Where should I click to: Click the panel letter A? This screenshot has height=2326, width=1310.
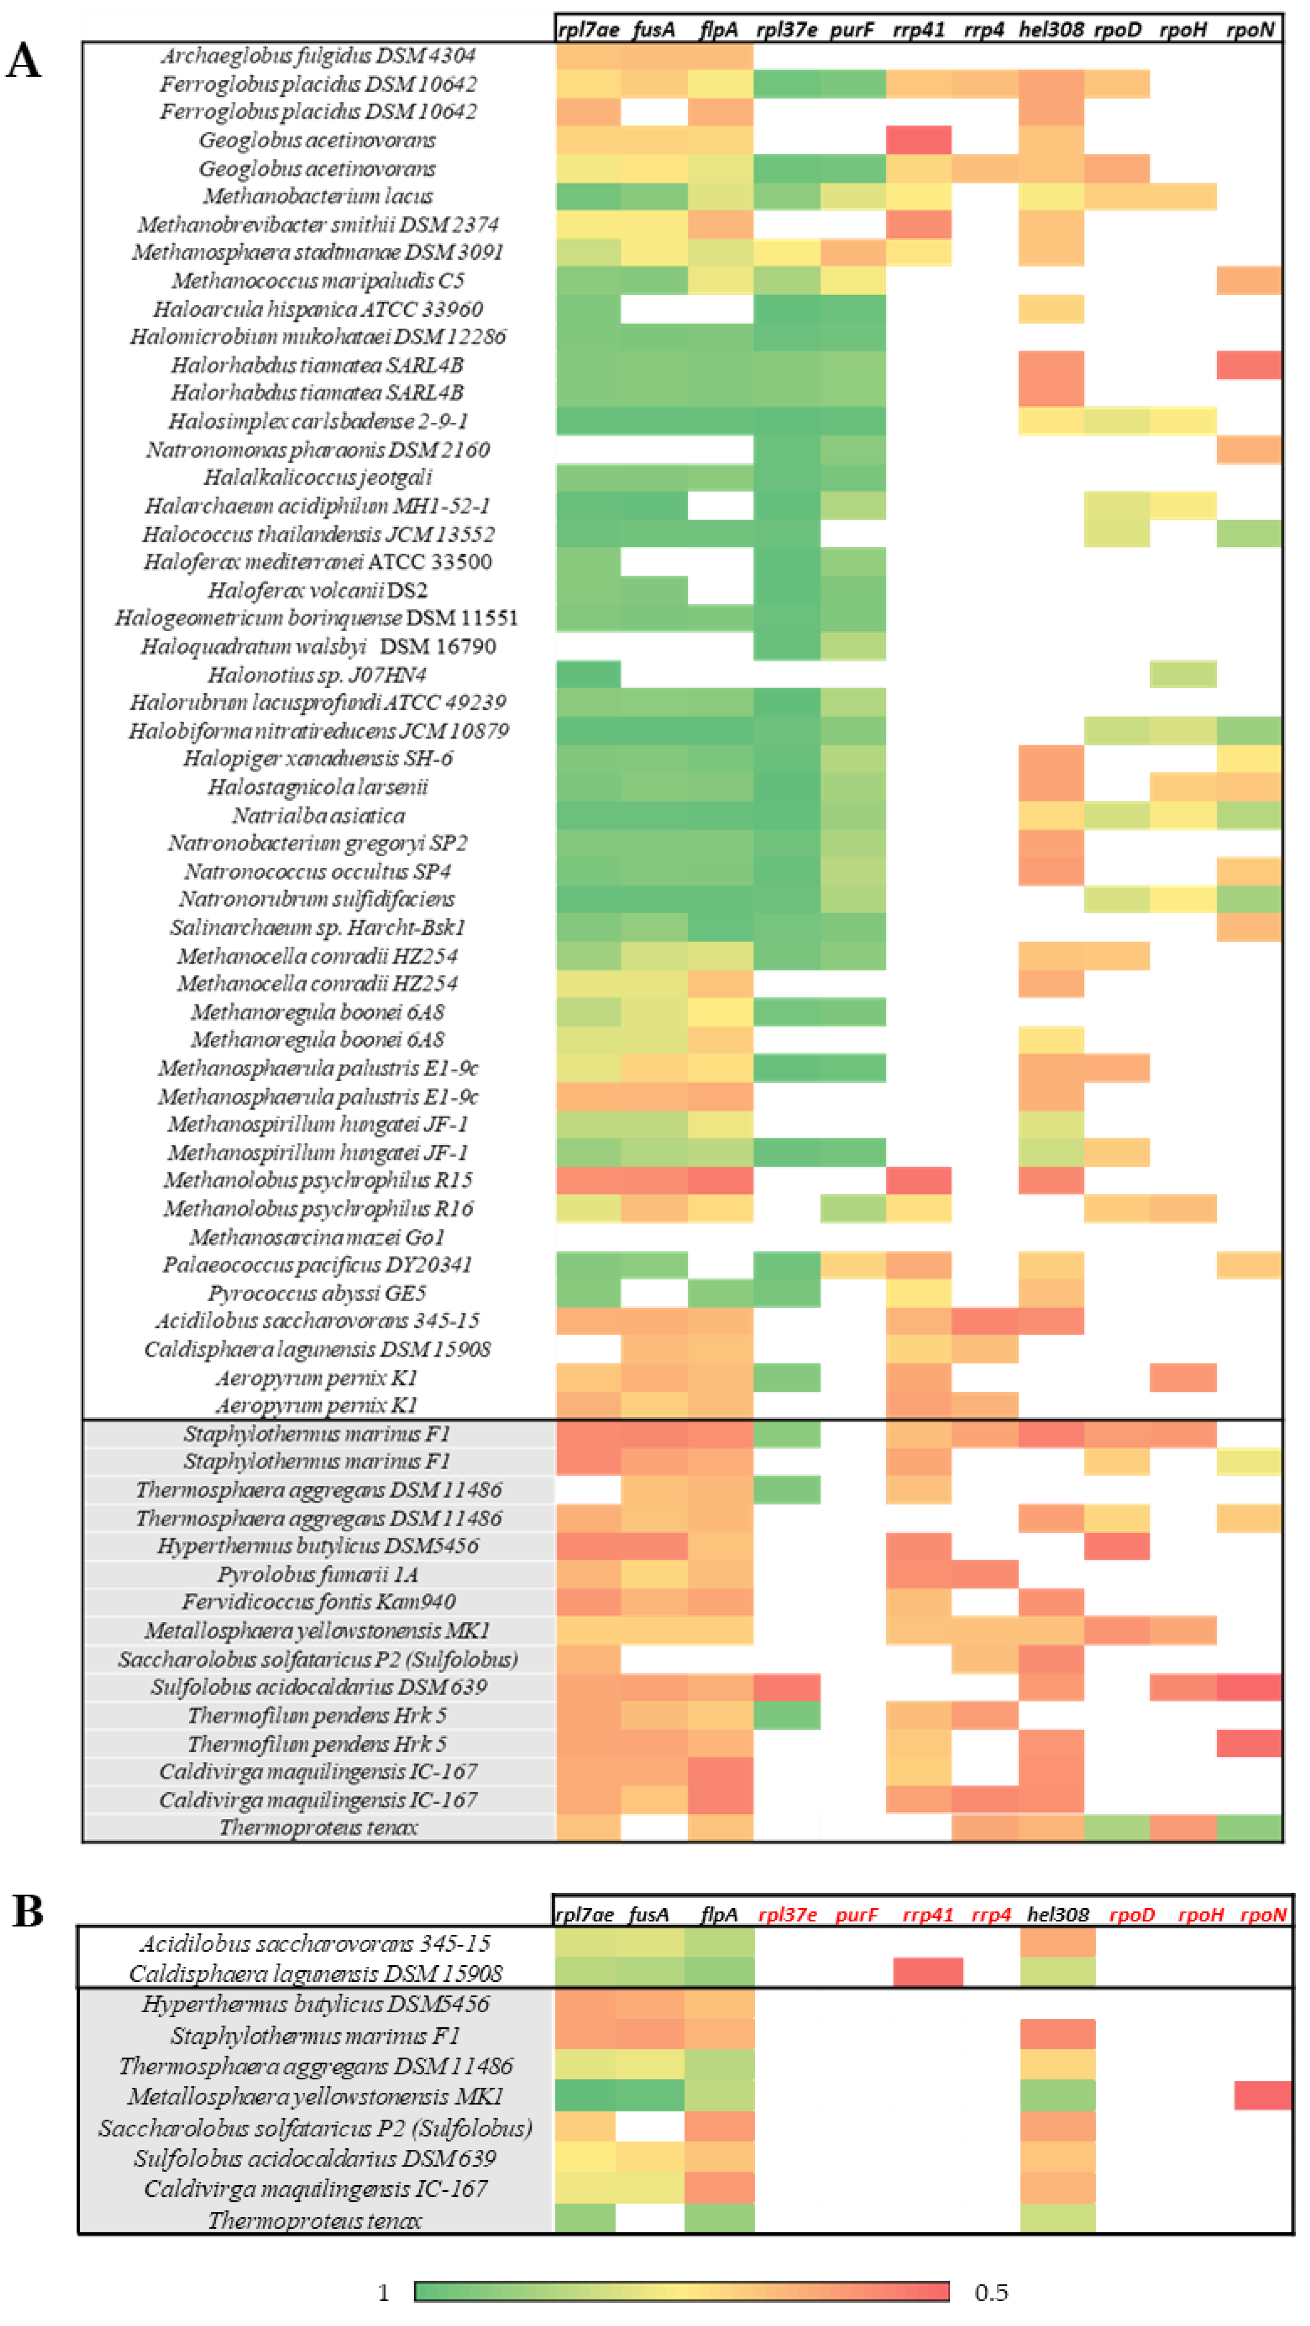pyautogui.click(x=24, y=62)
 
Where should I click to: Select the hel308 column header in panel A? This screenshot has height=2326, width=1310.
pyautogui.click(x=1051, y=30)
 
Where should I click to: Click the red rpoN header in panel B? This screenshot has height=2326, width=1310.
pyautogui.click(x=1262, y=1914)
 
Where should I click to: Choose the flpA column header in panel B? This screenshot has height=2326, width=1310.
pyautogui.click(x=719, y=1914)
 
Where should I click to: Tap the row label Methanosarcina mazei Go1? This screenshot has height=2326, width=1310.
pyautogui.click(x=317, y=1237)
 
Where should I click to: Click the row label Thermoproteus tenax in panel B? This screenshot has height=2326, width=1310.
pyautogui.click(x=315, y=2220)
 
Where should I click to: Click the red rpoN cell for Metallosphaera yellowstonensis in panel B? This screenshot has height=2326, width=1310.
pyautogui.click(x=1262, y=2095)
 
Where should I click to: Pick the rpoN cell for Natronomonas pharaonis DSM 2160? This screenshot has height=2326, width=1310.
pyautogui.click(x=1248, y=449)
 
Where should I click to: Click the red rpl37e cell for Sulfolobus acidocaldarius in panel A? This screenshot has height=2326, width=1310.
pyautogui.click(x=786, y=1687)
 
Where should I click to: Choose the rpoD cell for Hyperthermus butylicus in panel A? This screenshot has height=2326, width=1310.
pyautogui.click(x=1117, y=1546)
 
